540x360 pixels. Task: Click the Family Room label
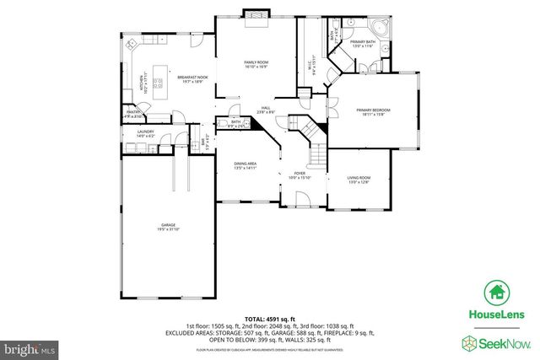[x=256, y=65]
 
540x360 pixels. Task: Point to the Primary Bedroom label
[x=370, y=111]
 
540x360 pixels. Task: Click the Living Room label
[x=359, y=180]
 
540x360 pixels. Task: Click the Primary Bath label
[x=363, y=43]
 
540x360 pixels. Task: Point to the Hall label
[x=264, y=109]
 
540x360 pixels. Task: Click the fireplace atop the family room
[x=255, y=16]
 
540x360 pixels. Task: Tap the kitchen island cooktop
[x=157, y=83]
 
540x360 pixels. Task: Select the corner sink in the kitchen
[x=132, y=46]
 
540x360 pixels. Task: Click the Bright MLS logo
[x=30, y=346]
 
